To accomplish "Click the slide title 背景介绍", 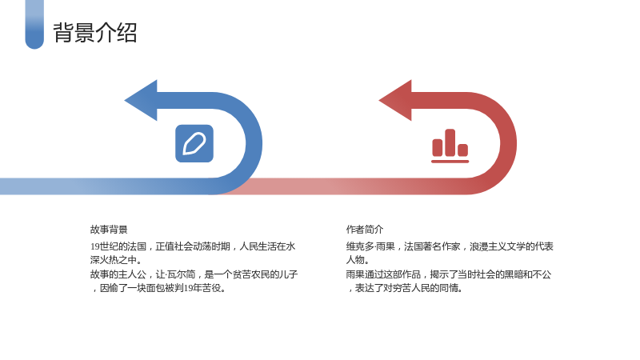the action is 94,33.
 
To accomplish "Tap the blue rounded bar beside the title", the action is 34,25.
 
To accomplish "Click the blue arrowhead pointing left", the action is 141,101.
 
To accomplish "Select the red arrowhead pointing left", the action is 395,101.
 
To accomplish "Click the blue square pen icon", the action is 194,143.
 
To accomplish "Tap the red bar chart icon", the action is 450,146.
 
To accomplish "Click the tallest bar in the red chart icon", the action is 450,142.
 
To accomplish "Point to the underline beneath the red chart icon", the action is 450,162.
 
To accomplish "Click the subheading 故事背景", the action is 109,230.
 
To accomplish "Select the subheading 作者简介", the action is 365,230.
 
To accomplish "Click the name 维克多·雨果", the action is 370,246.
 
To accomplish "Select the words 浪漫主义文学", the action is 497,246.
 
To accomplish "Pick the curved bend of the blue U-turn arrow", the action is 254,143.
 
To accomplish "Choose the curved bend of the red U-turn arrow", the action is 508,143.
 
